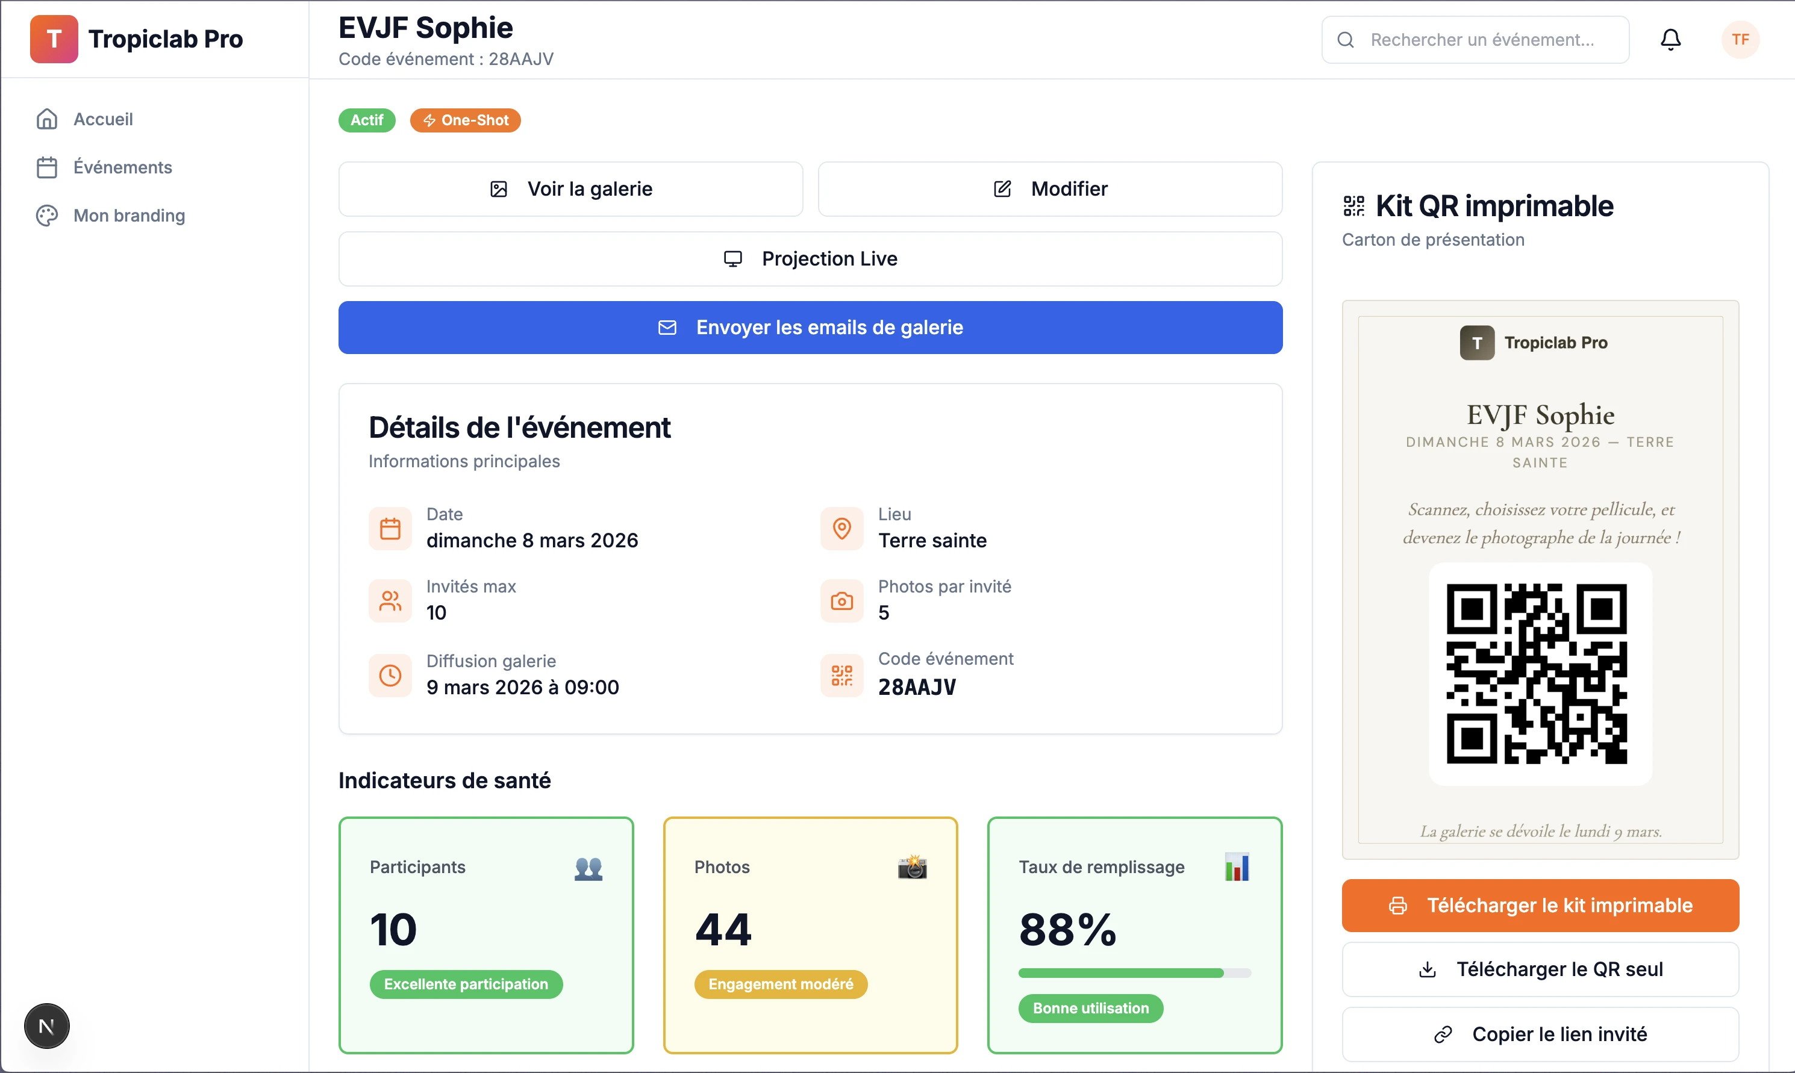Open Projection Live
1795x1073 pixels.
810,259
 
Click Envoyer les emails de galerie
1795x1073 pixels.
810,328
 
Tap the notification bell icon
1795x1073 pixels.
1670,39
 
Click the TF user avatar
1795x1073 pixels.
1740,39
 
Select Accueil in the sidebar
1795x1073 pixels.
102,119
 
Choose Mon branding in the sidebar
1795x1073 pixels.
129,216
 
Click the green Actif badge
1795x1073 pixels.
367,120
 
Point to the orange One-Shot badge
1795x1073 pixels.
465,120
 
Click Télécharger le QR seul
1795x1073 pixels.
1540,969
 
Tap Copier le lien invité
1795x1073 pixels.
1540,1034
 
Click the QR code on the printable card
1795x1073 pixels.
1536,673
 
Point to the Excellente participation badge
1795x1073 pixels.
466,984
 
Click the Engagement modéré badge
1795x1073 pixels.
780,984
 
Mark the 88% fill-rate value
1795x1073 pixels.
1067,929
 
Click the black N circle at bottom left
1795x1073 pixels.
46,1026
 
